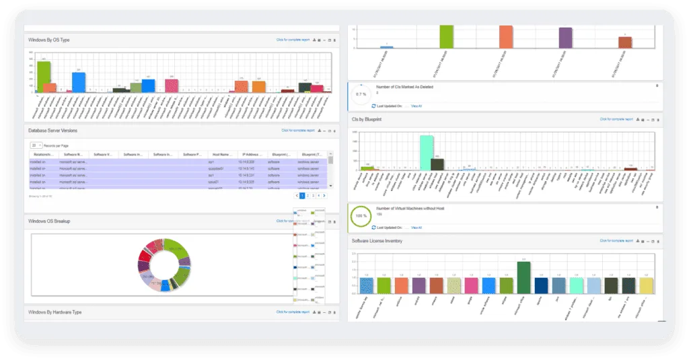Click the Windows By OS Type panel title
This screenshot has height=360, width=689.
(x=49, y=40)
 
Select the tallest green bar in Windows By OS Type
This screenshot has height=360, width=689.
(x=43, y=77)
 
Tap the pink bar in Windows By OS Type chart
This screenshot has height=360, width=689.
(x=172, y=86)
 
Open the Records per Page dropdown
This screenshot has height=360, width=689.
(x=36, y=145)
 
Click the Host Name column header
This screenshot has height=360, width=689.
(x=221, y=154)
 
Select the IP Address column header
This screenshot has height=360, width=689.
(x=251, y=154)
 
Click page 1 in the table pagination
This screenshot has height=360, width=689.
(x=302, y=195)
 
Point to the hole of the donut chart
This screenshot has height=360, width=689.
(x=165, y=264)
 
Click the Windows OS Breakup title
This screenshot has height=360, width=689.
(x=49, y=221)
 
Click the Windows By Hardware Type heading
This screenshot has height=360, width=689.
(x=55, y=312)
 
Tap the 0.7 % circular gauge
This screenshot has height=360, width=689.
(x=361, y=94)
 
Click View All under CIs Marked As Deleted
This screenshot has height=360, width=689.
(x=416, y=106)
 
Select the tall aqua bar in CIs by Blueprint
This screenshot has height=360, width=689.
(x=426, y=152)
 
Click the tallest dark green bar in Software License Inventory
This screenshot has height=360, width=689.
(x=523, y=277)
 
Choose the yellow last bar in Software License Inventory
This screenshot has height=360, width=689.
(x=646, y=285)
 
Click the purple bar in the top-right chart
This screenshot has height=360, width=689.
(x=565, y=38)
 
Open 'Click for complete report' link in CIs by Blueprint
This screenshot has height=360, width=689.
(x=616, y=119)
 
